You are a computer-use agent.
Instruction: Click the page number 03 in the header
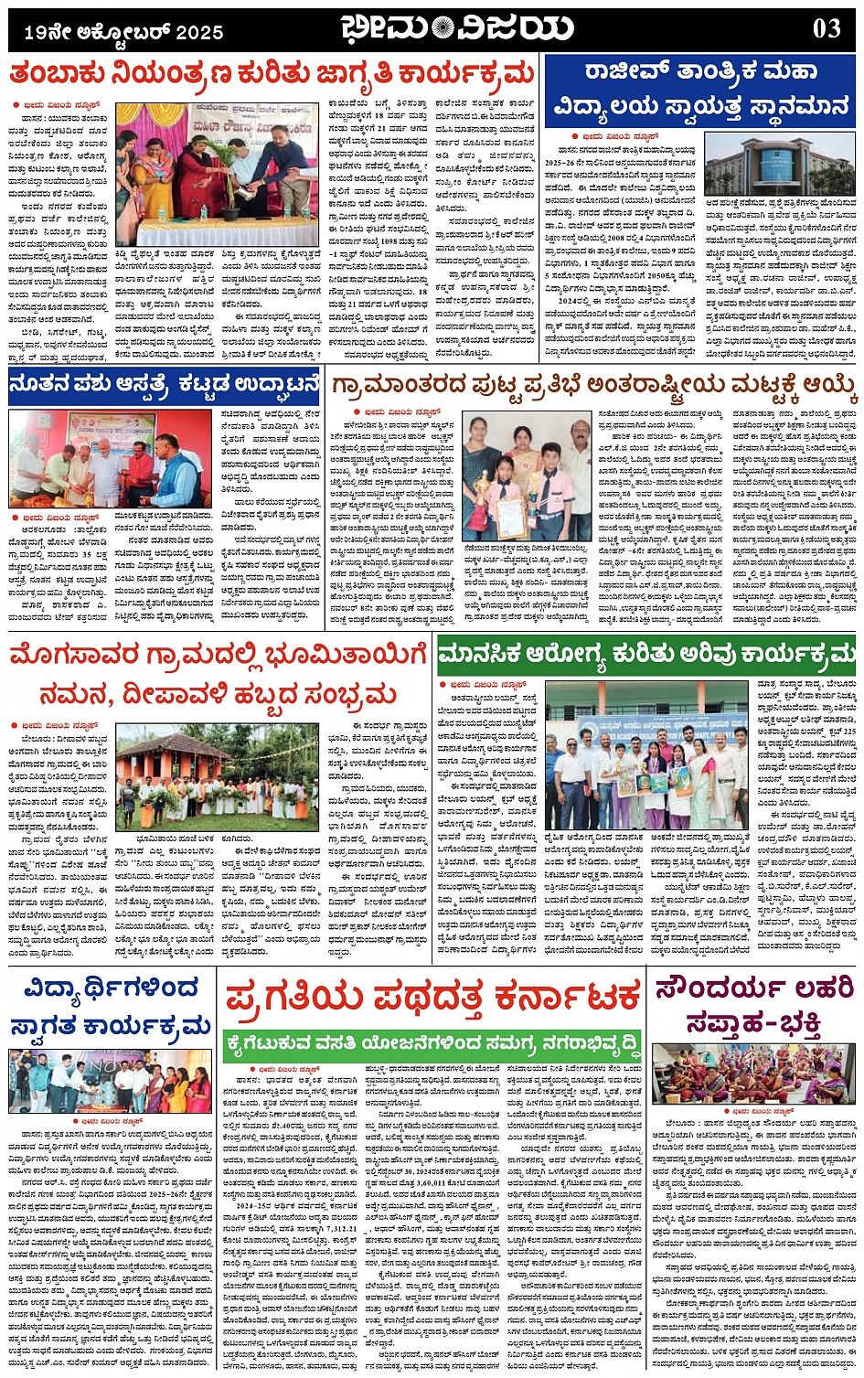(x=826, y=28)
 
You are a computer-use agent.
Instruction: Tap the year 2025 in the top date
(x=199, y=33)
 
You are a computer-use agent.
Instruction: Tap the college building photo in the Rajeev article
(x=780, y=166)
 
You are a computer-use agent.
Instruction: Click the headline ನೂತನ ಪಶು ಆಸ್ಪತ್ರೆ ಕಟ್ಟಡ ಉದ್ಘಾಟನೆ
(x=165, y=386)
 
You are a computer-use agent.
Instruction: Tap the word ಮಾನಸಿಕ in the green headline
(x=483, y=654)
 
